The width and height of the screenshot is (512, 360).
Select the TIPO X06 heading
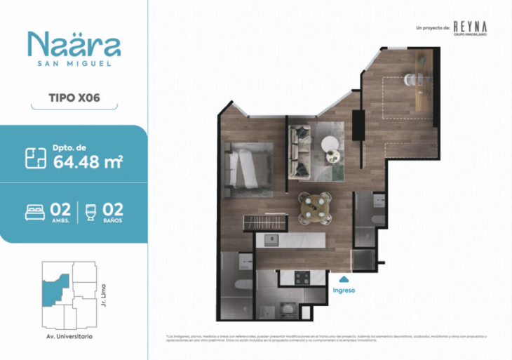[73, 98]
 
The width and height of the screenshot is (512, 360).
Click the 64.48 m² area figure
[88, 162]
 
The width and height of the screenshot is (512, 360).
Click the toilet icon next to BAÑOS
[90, 211]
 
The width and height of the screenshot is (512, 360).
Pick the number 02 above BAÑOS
[112, 208]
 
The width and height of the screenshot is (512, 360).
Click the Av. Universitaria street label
[69, 336]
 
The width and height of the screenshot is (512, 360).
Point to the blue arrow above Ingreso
[343, 279]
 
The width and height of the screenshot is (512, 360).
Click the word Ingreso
[344, 290]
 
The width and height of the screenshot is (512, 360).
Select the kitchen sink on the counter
[270, 241]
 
